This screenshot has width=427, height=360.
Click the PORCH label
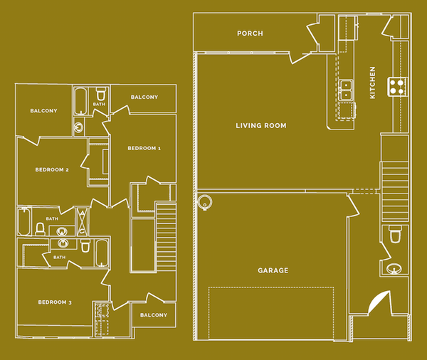click(x=250, y=33)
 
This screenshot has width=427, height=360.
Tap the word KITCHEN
click(x=373, y=83)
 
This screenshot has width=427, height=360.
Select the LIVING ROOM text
click(x=261, y=126)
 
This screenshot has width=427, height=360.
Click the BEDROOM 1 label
click(x=144, y=148)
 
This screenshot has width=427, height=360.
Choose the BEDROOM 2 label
click(x=52, y=169)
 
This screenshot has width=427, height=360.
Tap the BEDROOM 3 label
click(x=55, y=302)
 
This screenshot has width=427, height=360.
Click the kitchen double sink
click(x=347, y=89)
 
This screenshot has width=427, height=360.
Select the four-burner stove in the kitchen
click(x=396, y=87)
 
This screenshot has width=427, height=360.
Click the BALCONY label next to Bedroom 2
click(x=43, y=111)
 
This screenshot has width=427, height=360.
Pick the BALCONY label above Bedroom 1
click(x=144, y=97)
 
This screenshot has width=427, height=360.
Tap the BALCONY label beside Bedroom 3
click(x=153, y=315)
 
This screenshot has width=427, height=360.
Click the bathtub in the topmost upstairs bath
click(x=80, y=100)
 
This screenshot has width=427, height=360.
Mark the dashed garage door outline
click(x=271, y=313)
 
